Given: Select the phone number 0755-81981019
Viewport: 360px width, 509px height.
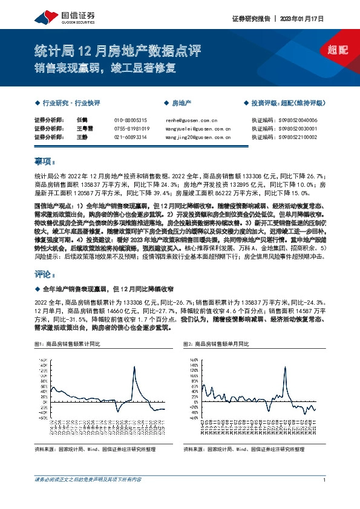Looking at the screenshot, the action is point(131,129).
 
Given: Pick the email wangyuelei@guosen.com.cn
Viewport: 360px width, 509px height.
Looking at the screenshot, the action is point(198,129).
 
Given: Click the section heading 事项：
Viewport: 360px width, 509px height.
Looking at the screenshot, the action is point(45,162).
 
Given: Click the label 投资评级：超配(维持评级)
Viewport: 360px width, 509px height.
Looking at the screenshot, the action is point(287,103).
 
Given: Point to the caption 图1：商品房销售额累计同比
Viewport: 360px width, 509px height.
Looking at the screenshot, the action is point(67,343).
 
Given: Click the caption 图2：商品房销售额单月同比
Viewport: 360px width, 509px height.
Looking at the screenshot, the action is point(215,343).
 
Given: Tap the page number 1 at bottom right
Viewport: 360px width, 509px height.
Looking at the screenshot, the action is point(325,480).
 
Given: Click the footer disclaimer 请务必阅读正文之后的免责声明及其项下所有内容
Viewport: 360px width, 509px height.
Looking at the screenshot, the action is point(89,480).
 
